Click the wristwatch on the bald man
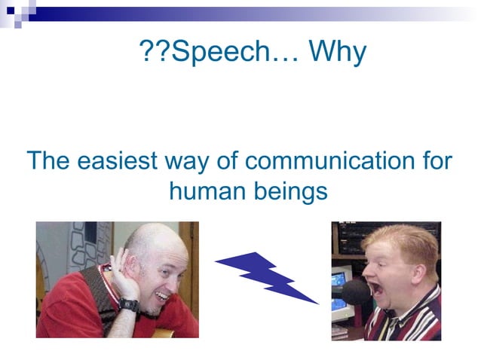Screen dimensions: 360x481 coord(129,305)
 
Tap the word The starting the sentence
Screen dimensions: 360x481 coord(48,161)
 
